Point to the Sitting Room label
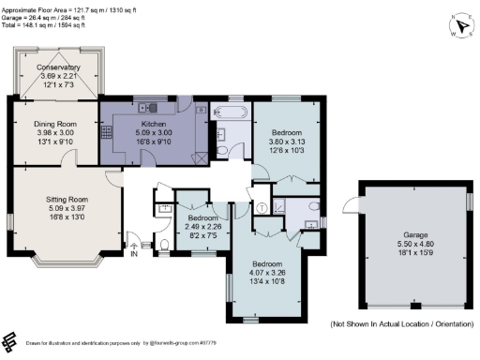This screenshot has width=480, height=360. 67,200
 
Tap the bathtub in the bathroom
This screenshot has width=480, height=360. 229,113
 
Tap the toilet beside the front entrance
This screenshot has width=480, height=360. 164,247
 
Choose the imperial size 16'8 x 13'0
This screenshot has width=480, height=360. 67,217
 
